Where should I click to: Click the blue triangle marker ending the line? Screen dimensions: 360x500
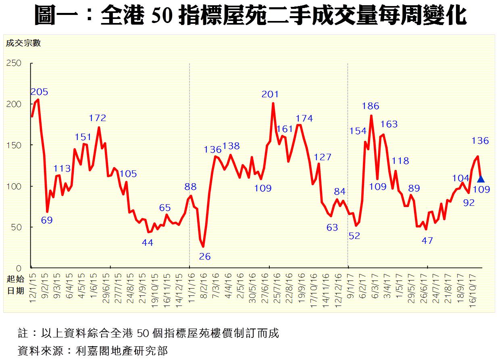pos(481,178)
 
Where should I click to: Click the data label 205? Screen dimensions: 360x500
pos(40,92)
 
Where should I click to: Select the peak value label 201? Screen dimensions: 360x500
pos(270,94)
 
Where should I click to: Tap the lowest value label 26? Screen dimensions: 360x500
pos(205,256)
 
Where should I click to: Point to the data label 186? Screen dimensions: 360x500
pos(371,106)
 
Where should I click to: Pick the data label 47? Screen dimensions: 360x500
pos(427,241)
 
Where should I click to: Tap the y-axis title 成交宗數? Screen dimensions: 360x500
pos(23,43)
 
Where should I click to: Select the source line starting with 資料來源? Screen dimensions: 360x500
pos(93,350)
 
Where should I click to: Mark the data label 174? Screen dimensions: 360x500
pos(304,118)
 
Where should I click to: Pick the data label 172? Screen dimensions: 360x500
pos(98,118)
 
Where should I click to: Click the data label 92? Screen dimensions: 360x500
pos(469,203)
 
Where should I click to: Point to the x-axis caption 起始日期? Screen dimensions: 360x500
pos(15,285)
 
